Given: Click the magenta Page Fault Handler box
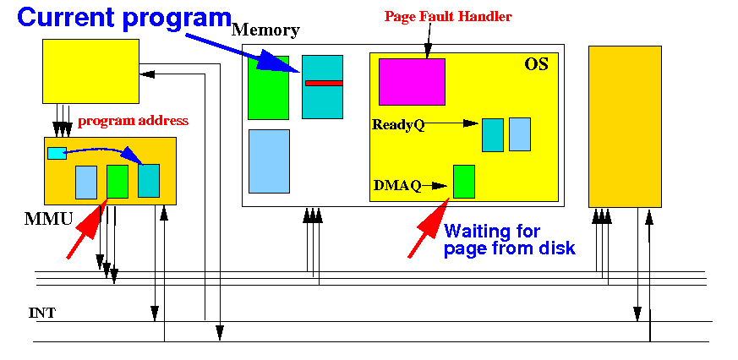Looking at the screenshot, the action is pyautogui.click(x=412, y=81).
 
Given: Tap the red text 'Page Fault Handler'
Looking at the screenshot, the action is pyautogui.click(x=448, y=17).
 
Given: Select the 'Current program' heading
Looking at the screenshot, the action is pyautogui.click(x=124, y=19).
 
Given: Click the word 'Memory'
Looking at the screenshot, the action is pyautogui.click(x=266, y=30).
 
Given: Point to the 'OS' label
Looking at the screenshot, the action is pyautogui.click(x=536, y=64).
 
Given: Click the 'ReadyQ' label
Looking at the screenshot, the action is pyautogui.click(x=398, y=125).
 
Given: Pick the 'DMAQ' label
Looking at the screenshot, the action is pyautogui.click(x=396, y=185).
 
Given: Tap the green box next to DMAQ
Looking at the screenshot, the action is pyautogui.click(x=463, y=181).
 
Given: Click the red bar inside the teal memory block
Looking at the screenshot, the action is pyautogui.click(x=324, y=83).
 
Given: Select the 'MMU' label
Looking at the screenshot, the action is pyautogui.click(x=48, y=219).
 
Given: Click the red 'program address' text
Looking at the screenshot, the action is pyautogui.click(x=133, y=121).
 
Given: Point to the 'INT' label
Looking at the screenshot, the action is pyautogui.click(x=42, y=313).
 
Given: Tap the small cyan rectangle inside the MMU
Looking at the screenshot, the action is pyautogui.click(x=57, y=153).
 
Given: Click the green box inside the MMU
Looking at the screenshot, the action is pyautogui.click(x=118, y=182).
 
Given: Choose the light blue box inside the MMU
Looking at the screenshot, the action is pyautogui.click(x=86, y=183).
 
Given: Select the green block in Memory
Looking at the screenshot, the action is pyautogui.click(x=268, y=88).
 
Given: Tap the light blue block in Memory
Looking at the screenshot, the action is pyautogui.click(x=269, y=161).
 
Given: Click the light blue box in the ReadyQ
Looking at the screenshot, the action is pyautogui.click(x=520, y=134).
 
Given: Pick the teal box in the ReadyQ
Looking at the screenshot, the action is pyautogui.click(x=493, y=135).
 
